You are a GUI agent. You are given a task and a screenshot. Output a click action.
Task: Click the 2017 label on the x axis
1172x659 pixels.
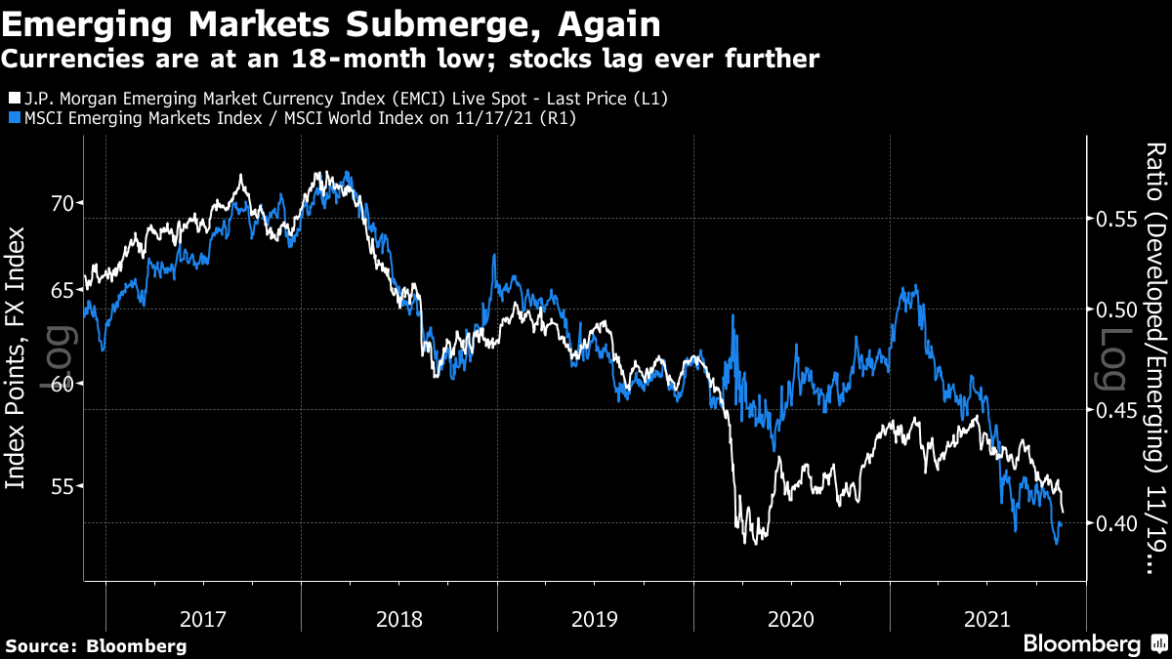[x=203, y=619]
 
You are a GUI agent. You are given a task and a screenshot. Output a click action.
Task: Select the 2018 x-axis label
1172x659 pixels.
[x=399, y=619]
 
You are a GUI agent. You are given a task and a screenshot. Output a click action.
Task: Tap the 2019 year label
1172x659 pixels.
[x=596, y=619]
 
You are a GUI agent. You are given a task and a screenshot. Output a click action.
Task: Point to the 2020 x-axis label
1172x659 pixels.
[x=792, y=619]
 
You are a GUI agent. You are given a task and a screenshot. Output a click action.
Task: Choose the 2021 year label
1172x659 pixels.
[x=987, y=619]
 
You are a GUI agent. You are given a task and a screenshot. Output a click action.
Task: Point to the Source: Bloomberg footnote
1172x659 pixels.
[x=96, y=645]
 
